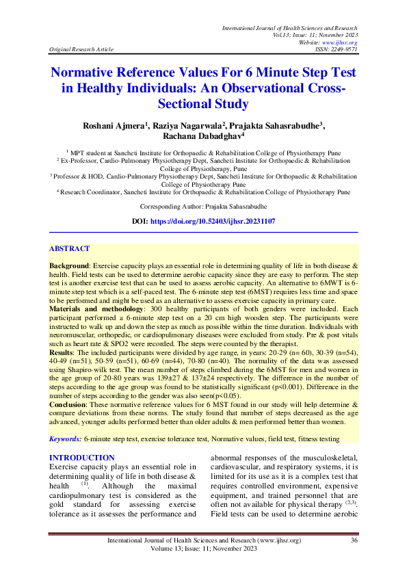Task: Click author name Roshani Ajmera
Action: tap(112, 127)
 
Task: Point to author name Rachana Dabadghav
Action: tap(204, 138)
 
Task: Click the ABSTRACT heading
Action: tap(69, 249)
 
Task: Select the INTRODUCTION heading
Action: tap(81, 458)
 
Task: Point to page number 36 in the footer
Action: tap(354, 540)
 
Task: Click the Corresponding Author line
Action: tap(203, 206)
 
